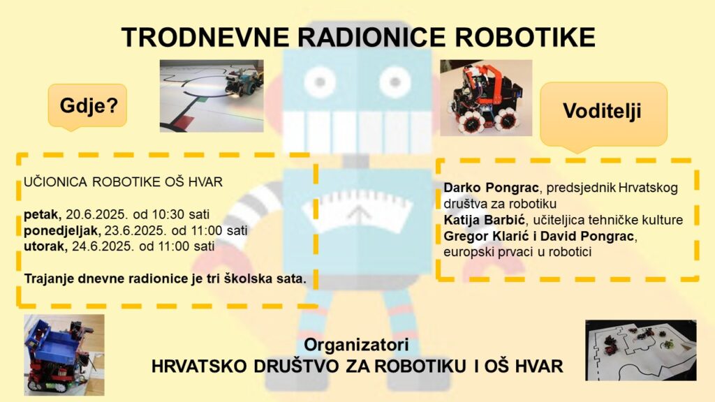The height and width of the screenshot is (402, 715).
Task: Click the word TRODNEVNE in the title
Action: [x=205, y=38]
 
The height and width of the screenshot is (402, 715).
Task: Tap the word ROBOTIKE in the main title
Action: [x=525, y=38]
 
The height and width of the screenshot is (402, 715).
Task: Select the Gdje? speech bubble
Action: [x=88, y=107]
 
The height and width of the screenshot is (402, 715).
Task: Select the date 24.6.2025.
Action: [x=103, y=246]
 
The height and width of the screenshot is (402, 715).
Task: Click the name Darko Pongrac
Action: [x=491, y=188]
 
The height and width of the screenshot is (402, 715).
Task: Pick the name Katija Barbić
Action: [x=485, y=220]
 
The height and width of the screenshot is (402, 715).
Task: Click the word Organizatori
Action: [x=357, y=345]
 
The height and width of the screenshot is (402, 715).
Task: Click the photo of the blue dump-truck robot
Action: [x=64, y=355]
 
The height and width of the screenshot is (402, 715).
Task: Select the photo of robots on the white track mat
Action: [x=641, y=350]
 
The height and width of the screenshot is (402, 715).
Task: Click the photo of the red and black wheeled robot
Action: [x=486, y=98]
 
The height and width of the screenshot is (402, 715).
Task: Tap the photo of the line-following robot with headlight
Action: [x=212, y=96]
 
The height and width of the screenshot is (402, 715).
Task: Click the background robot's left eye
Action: [x=320, y=82]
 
